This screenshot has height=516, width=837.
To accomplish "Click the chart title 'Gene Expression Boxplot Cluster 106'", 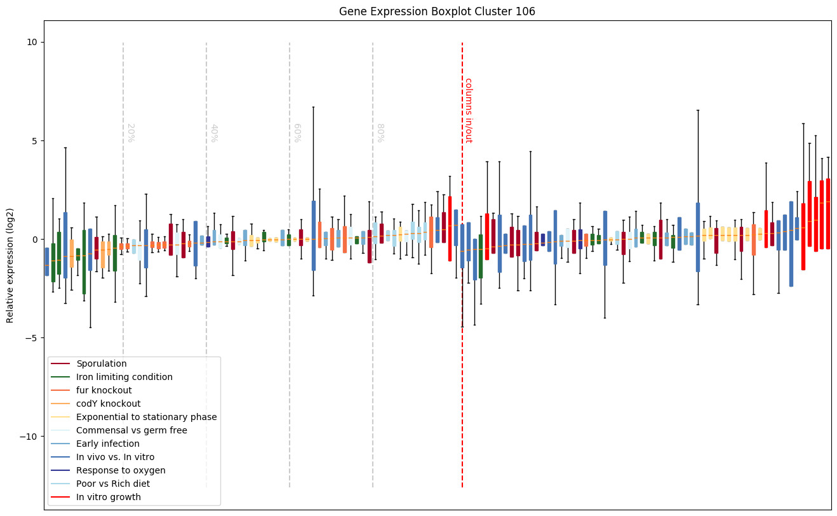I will click(x=437, y=11).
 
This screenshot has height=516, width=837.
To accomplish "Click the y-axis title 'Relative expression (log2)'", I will click(x=10, y=265).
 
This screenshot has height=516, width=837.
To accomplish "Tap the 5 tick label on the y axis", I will click(x=34, y=140).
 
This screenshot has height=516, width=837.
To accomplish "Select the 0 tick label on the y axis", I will click(x=34, y=240).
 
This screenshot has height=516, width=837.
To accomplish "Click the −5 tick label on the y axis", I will click(x=31, y=338).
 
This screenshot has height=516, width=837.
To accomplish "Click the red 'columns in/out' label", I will click(x=468, y=110).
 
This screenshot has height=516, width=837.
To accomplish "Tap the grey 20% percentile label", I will click(x=130, y=132).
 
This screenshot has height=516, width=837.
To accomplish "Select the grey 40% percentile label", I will click(x=214, y=132).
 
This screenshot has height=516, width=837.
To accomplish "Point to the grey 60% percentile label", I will click(x=297, y=132).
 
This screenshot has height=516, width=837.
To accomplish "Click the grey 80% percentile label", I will click(x=380, y=132).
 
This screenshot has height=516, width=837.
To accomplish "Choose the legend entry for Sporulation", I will click(x=101, y=363).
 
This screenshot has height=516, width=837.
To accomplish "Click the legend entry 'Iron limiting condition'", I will click(x=124, y=377).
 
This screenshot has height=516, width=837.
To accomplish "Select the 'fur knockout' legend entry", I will click(x=104, y=390).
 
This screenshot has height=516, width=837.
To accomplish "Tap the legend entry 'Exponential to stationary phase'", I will click(x=146, y=417).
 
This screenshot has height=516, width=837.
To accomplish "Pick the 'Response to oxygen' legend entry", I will click(x=121, y=470).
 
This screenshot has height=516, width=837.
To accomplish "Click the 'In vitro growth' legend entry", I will click(x=108, y=497).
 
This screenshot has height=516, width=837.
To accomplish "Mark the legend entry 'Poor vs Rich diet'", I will click(x=112, y=484).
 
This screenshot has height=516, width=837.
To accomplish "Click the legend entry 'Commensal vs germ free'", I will click(x=131, y=430).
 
